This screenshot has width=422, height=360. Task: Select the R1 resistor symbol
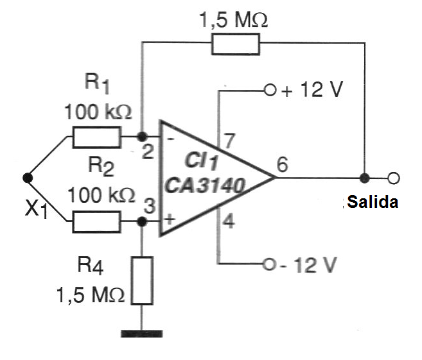tap(96, 137)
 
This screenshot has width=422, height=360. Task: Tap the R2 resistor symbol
tap(96, 222)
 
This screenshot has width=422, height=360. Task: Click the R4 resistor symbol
tap(143, 280)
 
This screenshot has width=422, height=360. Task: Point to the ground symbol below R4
tap(142, 333)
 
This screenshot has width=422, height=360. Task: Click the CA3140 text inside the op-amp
tap(205, 187)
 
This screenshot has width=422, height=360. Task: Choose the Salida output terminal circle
tap(394, 178)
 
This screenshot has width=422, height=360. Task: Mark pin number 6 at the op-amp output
tap(281, 164)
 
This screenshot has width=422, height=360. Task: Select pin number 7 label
tap(228, 139)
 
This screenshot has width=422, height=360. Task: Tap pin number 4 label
tap(229, 225)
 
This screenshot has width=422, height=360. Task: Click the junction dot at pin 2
tap(143, 137)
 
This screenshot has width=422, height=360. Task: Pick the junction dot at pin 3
tap(143, 222)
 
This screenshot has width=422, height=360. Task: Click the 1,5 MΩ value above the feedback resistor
tap(234, 19)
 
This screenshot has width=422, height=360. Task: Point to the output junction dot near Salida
tap(365, 178)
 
